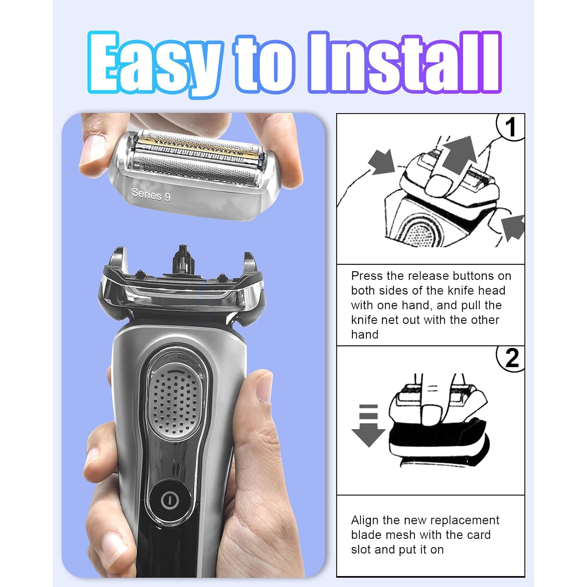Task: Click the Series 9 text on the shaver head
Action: coord(151,194)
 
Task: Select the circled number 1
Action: coord(511,127)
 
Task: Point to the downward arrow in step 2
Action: coord(368,425)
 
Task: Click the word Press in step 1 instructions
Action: coord(367,276)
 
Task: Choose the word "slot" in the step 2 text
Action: coord(361,550)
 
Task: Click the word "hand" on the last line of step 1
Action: coord(365,335)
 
